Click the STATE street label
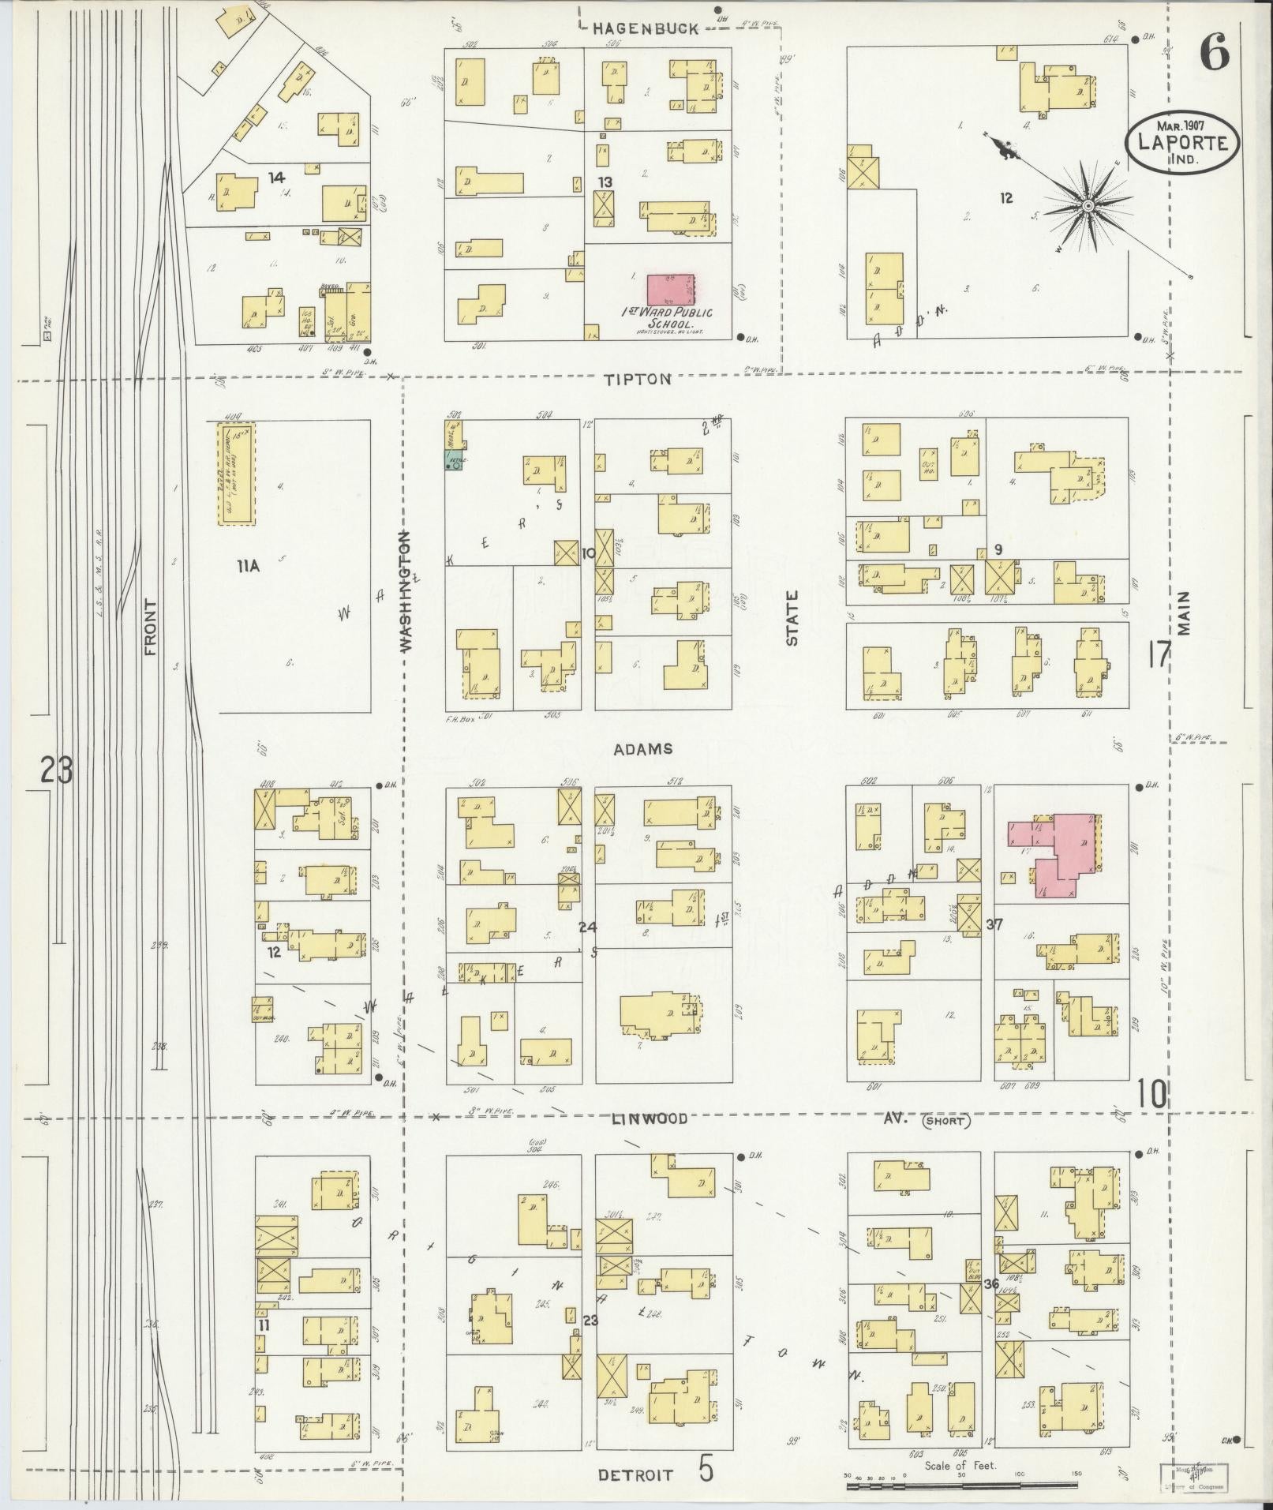pos(792,619)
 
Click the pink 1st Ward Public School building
pos(671,290)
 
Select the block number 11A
pos(247,565)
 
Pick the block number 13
pos(605,182)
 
